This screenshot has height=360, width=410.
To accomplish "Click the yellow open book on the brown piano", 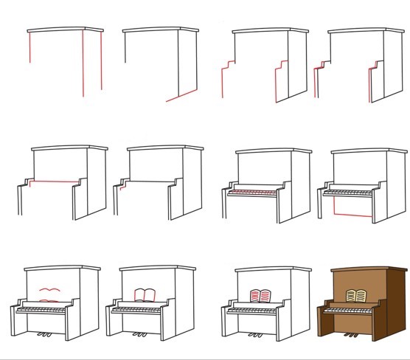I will pos(357,296).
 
